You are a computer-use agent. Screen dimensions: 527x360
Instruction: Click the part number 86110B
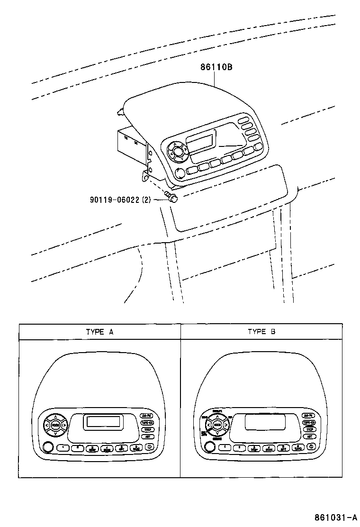pos(216,67)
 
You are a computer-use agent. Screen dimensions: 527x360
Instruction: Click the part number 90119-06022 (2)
pos(120,200)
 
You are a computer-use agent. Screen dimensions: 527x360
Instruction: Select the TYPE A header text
pos(99,332)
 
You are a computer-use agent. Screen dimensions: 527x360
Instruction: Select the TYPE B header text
pos(261,332)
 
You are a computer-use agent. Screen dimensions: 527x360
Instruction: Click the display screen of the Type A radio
pos(103,422)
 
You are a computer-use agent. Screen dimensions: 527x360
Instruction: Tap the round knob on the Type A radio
pos(47,446)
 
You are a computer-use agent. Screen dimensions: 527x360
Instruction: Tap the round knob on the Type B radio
pos(209,446)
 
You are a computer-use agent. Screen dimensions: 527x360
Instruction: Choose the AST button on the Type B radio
pos(309,436)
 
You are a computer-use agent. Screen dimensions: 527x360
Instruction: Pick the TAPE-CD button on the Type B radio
pos(309,422)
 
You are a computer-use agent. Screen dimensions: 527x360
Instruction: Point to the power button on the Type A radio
pos(149,446)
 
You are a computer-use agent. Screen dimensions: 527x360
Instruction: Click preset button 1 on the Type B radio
pos(226,447)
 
